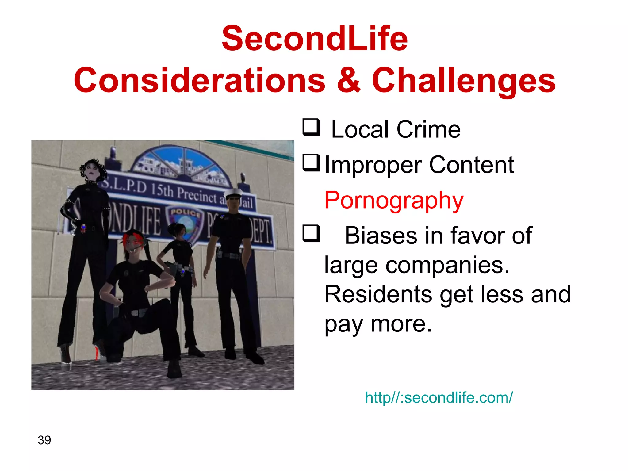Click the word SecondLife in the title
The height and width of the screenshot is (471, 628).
pos(315,39)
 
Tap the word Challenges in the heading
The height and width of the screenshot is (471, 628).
pos(464,80)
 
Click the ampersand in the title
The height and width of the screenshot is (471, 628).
pos(349,80)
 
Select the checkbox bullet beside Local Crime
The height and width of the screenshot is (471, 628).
pos(311,127)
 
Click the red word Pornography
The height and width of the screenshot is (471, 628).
pos(394,200)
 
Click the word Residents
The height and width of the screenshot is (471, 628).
pos(378,294)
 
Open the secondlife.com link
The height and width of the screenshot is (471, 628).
pos(438,398)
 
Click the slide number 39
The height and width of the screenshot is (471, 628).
pos(44,440)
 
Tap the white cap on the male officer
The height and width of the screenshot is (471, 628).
pos(234,193)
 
